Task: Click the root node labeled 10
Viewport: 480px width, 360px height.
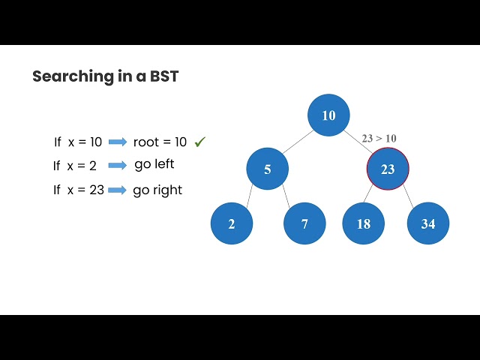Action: (x=328, y=115)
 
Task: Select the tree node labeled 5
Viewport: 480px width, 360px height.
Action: (x=267, y=169)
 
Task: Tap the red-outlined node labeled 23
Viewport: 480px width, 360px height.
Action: (x=388, y=169)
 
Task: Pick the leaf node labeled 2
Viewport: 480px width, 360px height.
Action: (x=231, y=223)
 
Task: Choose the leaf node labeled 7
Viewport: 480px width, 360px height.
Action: (x=304, y=223)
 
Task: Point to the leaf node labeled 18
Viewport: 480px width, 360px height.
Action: (x=364, y=223)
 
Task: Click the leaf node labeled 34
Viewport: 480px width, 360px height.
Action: (x=427, y=223)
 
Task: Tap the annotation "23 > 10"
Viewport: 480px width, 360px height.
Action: (x=379, y=138)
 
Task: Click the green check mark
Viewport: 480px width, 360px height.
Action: (x=200, y=141)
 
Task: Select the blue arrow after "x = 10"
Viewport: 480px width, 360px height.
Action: (x=118, y=142)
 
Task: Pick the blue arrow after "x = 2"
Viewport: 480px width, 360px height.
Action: (x=118, y=166)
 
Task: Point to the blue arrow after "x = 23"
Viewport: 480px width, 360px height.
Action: (x=118, y=190)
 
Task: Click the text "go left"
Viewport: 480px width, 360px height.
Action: (x=154, y=164)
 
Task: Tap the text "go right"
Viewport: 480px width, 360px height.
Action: (x=157, y=190)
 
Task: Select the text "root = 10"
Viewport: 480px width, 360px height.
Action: (x=159, y=142)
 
